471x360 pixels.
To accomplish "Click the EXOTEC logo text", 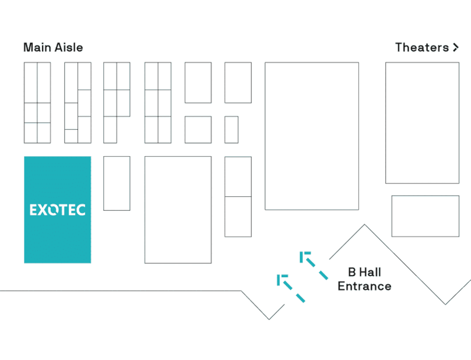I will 57,209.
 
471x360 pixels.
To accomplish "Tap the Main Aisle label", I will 53,48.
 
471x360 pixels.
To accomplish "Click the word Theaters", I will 421,48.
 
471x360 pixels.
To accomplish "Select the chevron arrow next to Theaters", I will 455,48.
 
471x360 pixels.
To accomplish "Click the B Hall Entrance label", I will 364,279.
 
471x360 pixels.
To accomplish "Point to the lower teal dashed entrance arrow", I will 290,288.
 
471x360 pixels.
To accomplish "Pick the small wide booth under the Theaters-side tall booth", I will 425,216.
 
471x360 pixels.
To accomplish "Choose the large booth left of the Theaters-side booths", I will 311,136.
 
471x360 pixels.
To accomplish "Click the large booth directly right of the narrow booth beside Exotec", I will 178,209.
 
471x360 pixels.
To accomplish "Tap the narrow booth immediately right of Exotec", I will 117,183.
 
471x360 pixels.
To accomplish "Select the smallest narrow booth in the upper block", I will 231,129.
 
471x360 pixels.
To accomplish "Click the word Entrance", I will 364,286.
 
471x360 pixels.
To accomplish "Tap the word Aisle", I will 69,48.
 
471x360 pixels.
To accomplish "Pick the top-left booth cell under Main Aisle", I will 30,82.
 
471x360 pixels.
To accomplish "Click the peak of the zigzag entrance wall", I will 365,225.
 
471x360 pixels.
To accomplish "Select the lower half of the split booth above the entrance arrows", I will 238,217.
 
